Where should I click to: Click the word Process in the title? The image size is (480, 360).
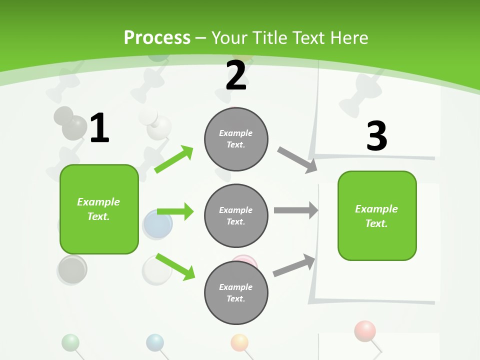click(x=157, y=38)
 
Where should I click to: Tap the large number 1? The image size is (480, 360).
click(x=99, y=128)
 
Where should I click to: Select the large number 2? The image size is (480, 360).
click(x=236, y=75)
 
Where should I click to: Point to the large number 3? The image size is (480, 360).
click(x=376, y=136)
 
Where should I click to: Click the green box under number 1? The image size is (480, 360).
click(x=99, y=209)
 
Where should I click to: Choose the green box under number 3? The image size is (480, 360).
click(x=377, y=215)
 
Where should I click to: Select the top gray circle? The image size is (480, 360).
click(x=236, y=138)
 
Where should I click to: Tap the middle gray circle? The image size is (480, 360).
click(x=236, y=215)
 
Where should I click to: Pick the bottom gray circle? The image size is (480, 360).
click(x=236, y=292)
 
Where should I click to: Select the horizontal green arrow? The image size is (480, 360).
click(x=175, y=211)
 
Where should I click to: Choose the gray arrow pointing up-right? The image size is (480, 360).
click(x=294, y=265)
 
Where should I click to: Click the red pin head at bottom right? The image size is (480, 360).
click(x=364, y=330)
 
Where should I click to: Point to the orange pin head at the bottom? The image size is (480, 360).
click(x=239, y=342)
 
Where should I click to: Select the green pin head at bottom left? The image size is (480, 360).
click(x=70, y=342)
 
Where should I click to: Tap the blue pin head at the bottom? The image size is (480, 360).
click(x=155, y=342)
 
